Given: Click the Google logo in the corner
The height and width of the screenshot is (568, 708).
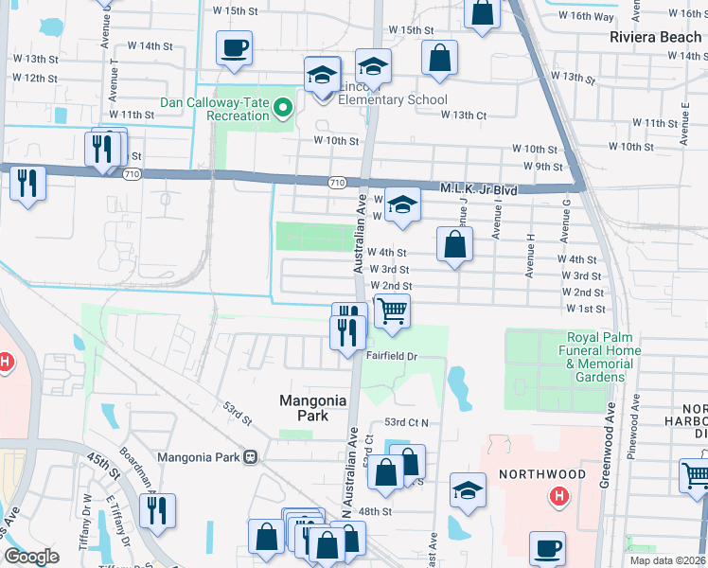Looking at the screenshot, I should pos(31,557).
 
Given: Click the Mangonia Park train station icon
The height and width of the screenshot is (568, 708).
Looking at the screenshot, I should pos(251,456).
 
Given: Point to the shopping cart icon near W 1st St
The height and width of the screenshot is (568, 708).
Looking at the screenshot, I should pos(392,311).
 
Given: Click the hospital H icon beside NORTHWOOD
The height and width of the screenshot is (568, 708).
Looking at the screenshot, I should pos(559,494).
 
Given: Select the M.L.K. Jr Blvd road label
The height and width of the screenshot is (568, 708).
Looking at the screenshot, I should pos(479,190).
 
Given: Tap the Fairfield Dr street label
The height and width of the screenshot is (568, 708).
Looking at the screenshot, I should pos(393,356).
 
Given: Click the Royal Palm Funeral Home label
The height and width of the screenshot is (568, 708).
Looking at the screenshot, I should pos(604,357).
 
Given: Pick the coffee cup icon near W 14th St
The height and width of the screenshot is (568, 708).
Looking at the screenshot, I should pos(234,47).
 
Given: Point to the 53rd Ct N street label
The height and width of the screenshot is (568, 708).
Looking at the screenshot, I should pos(406,422).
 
